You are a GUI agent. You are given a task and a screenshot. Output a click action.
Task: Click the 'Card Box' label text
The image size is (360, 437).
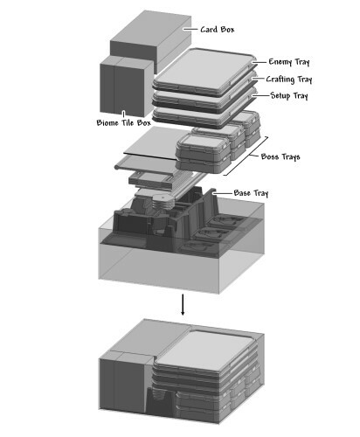point(218,30)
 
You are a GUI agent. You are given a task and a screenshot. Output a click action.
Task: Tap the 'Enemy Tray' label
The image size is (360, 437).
point(289,62)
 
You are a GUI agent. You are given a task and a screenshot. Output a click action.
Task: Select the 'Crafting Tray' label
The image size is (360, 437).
point(289,80)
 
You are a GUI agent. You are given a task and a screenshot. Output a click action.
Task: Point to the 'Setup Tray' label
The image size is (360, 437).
point(289,95)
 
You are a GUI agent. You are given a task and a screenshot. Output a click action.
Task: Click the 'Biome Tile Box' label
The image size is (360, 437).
point(124,122)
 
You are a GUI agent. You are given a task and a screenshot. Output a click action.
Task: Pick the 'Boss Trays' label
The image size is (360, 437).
point(280,156)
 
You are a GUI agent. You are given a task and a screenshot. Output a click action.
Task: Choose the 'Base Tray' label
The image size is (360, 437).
point(251,193)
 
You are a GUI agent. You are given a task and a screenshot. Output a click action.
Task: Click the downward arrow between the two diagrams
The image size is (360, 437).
point(183,304)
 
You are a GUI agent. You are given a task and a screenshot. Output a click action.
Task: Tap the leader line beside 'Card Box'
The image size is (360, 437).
point(190,29)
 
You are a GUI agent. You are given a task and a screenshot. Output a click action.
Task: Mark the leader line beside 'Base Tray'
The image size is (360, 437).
point(222,193)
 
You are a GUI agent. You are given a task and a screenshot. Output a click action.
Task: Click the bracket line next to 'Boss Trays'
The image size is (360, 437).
point(246,156)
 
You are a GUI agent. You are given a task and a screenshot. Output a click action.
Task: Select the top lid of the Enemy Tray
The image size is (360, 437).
point(204,69)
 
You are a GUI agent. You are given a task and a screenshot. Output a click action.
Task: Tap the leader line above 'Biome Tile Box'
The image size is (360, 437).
point(123,114)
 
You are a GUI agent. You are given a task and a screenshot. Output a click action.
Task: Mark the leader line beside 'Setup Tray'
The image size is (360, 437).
point(260,95)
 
